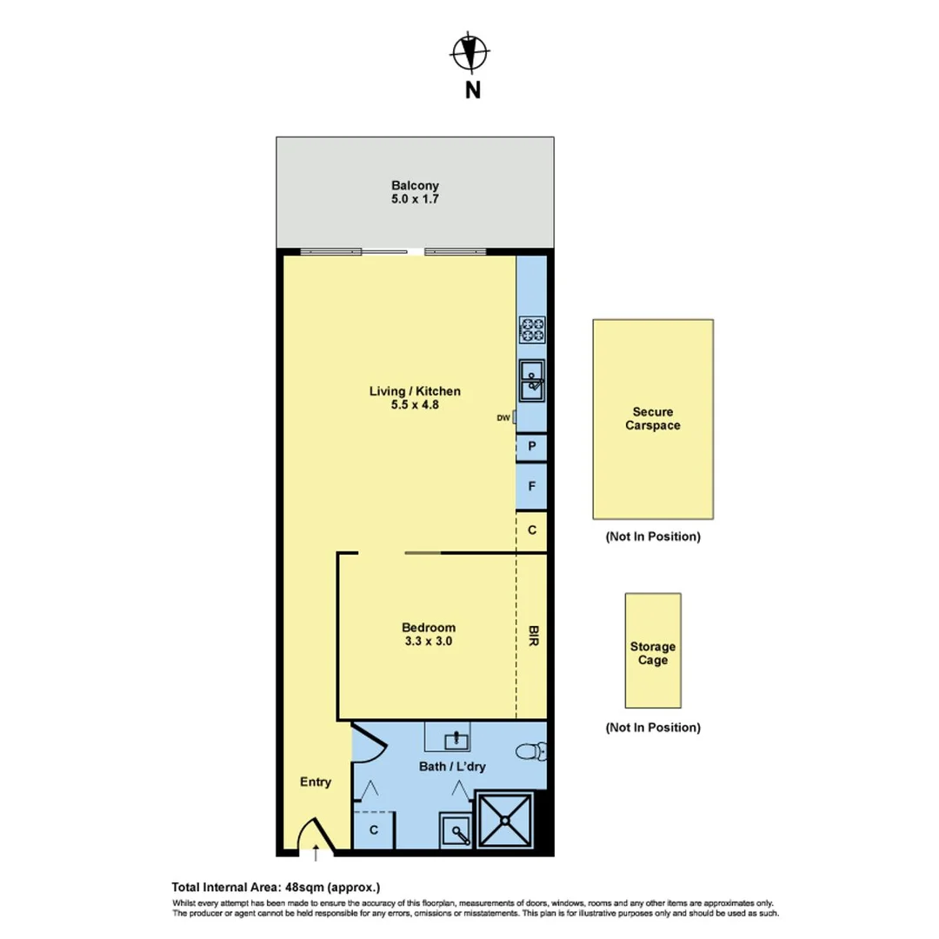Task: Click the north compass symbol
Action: (x=469, y=53)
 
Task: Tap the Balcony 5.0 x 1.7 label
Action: (x=415, y=192)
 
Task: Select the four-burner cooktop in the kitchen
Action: (x=531, y=330)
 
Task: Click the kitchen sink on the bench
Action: (x=531, y=379)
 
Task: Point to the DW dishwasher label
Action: (x=503, y=418)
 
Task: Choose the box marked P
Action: (x=531, y=447)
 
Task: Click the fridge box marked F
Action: (x=531, y=488)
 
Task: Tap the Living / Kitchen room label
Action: (x=415, y=397)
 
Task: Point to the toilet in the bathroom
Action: (x=531, y=750)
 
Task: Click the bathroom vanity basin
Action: (x=455, y=739)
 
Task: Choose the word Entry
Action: (x=316, y=782)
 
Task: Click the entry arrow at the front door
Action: (x=316, y=852)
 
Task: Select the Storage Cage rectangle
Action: (x=653, y=650)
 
